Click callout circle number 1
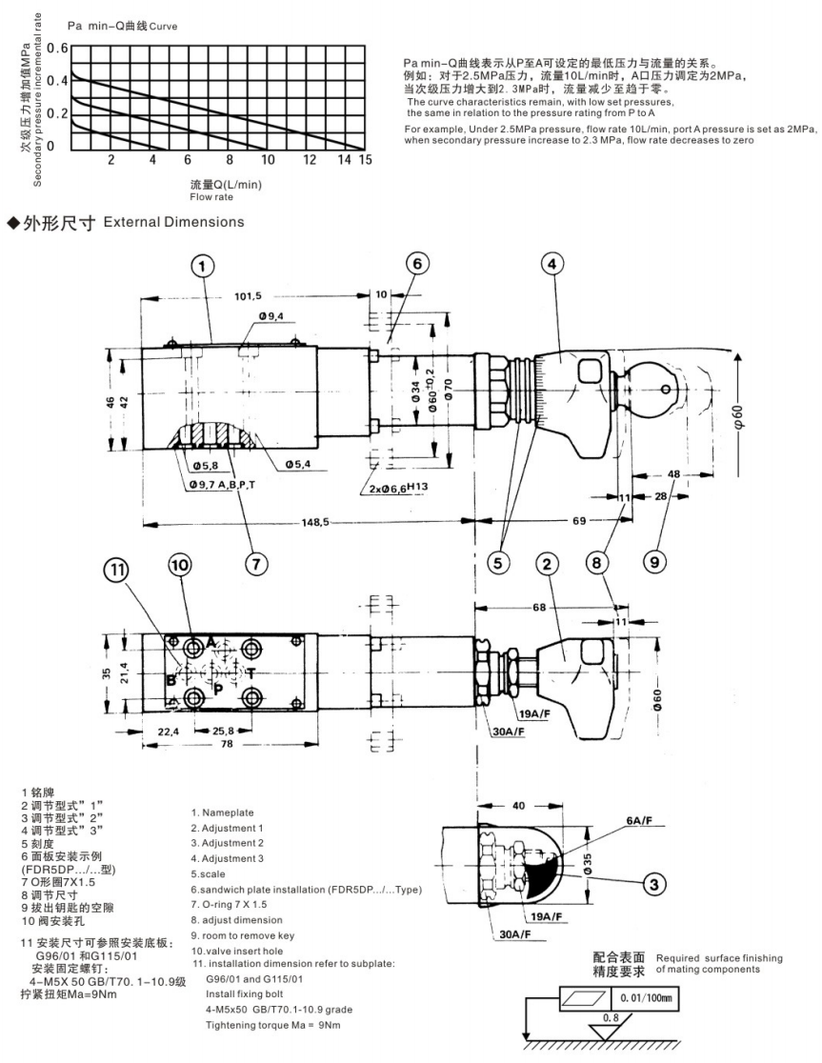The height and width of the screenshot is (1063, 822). pyautogui.click(x=201, y=267)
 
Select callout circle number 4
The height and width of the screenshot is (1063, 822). pyautogui.click(x=554, y=263)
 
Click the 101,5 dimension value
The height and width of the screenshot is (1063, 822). pyautogui.click(x=248, y=296)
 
